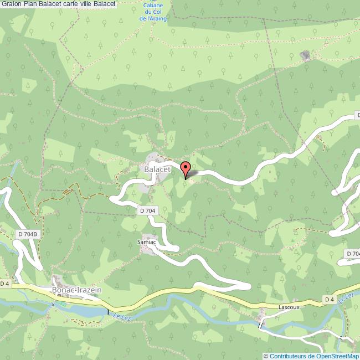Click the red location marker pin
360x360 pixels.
coord(186,168)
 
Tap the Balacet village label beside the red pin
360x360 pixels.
coord(155,168)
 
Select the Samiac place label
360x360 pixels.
coord(147,242)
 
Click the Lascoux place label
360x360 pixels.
coord(289,305)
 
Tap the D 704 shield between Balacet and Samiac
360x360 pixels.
coord(147,210)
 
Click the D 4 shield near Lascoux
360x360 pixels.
coord(329,300)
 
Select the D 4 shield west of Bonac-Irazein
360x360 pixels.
coord(4,284)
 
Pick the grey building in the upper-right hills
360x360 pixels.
coord(304,55)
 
